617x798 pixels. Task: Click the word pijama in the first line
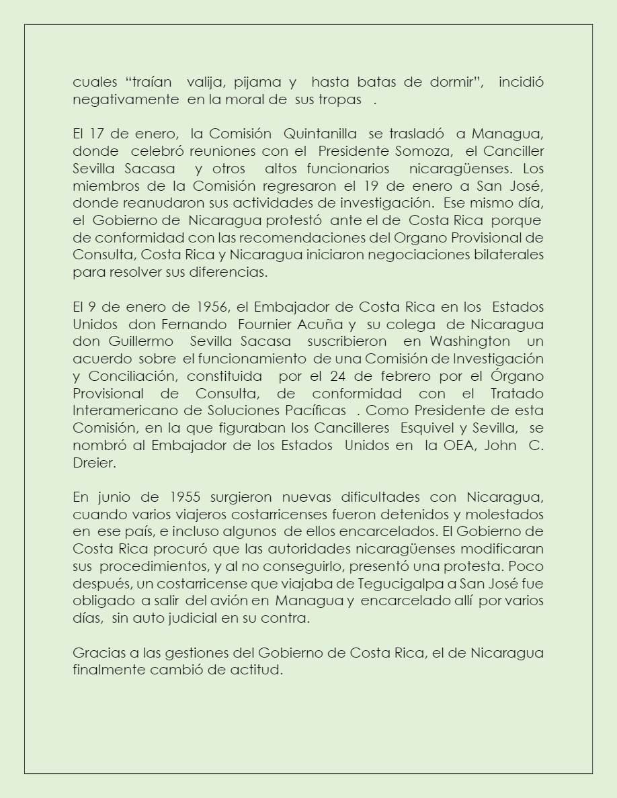coord(257,83)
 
